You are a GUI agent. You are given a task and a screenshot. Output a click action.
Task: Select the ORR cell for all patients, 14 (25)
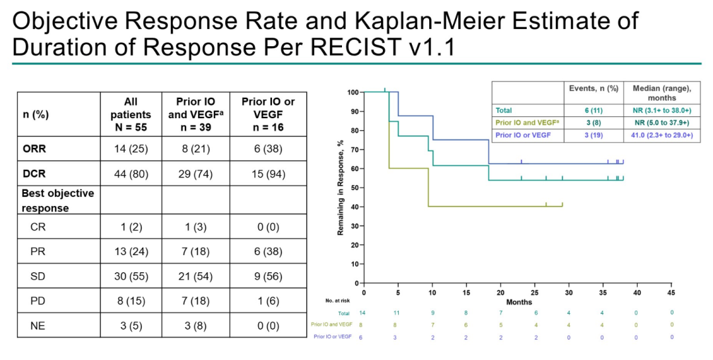131,149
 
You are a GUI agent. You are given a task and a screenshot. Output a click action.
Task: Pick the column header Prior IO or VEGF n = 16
268,114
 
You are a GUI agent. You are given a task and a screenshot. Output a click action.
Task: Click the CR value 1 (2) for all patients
131,227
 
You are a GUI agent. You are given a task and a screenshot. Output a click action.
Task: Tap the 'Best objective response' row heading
57,200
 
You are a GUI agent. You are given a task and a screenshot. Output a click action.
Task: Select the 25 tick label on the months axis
535,293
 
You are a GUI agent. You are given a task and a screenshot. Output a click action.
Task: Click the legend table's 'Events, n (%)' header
594,88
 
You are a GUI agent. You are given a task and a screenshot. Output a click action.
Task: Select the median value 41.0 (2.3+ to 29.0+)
662,134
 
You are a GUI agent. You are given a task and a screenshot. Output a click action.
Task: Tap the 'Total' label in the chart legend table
504,110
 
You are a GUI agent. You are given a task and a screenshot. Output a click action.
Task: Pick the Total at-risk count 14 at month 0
362,312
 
